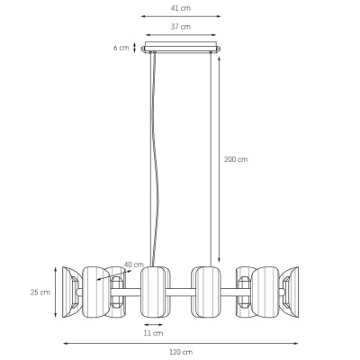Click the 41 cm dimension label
pos(181,8)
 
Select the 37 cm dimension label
pos(181,27)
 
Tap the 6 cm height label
pos(121,48)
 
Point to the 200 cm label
pos(236,159)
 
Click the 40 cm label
pos(134,265)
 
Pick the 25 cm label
pos(40,292)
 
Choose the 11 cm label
pos(153,333)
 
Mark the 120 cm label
pos(181,352)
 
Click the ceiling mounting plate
pos(181,48)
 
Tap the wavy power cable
pos(155,159)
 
